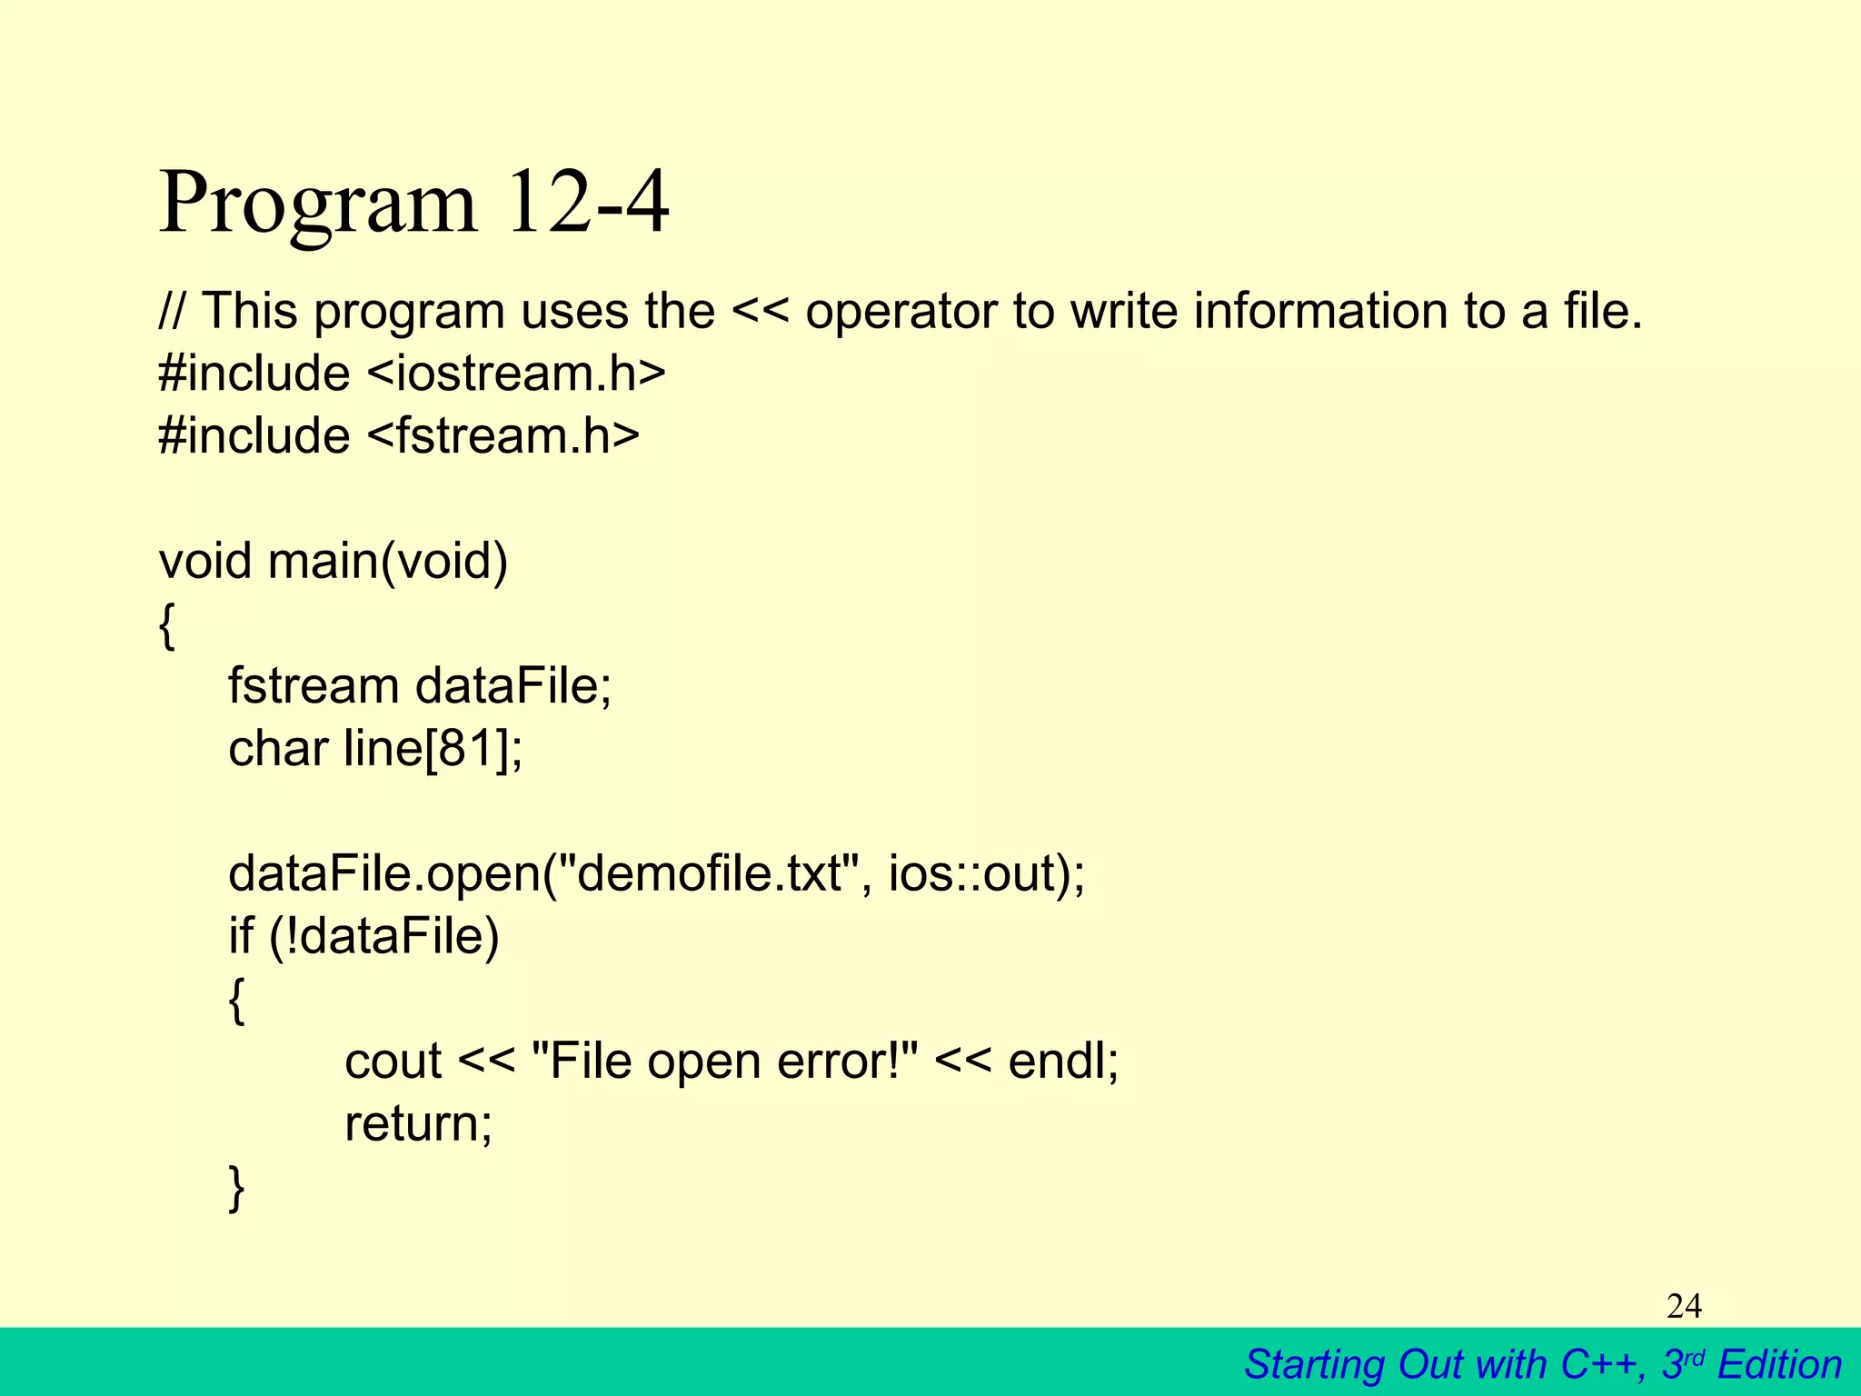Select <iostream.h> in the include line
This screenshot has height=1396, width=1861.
[516, 374]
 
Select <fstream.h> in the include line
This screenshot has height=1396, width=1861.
[503, 435]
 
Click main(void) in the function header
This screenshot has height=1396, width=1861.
[387, 561]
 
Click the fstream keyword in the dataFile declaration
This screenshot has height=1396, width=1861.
[313, 686]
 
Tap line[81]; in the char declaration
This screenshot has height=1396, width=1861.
[433, 749]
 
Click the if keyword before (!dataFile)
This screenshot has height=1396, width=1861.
[240, 936]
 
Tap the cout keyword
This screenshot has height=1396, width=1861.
[393, 1062]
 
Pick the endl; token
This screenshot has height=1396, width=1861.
[1063, 1062]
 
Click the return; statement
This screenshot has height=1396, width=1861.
[418, 1123]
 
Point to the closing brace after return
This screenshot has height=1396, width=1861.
[236, 1187]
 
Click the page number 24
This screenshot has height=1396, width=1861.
[1684, 1307]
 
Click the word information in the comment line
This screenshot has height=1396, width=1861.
[1320, 312]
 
